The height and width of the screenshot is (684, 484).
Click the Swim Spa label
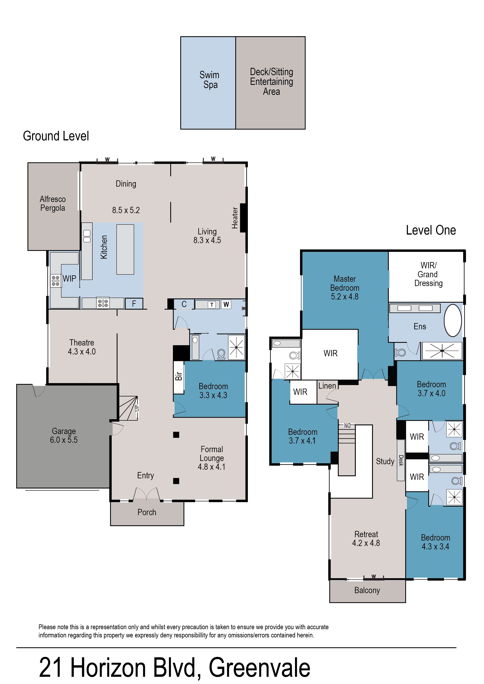pos(210,80)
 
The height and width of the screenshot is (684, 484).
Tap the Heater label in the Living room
pos(235,218)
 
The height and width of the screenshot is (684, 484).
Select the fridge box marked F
pos(134,304)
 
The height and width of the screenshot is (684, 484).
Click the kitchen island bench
pos(125,249)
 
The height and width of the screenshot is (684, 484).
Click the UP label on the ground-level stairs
pos(137,408)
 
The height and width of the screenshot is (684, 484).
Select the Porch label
pos(147,512)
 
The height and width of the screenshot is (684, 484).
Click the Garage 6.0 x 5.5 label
pos(64,435)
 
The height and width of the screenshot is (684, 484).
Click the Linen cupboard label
pos(327,386)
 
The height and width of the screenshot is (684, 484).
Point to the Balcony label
pos(367,590)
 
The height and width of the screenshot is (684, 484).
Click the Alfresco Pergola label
pos(53,203)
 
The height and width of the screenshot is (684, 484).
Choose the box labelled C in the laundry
pos(184,304)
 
